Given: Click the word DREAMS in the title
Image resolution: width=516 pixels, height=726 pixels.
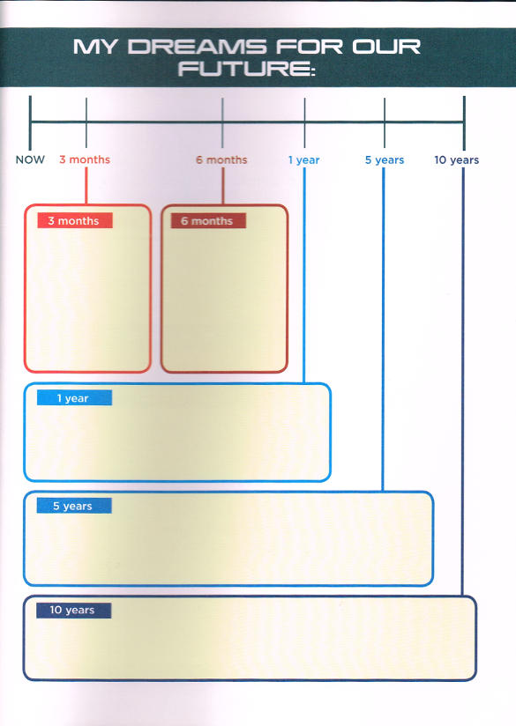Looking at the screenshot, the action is (197, 47).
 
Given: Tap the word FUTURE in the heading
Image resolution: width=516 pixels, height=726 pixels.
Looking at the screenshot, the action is (246, 69).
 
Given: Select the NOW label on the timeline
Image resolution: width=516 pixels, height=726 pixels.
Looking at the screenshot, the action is (30, 159).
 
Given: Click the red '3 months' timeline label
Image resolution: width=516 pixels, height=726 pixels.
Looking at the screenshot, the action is (85, 159).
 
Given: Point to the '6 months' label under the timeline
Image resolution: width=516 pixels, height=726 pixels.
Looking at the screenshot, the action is (221, 159).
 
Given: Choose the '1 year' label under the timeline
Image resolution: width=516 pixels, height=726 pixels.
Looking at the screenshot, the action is (304, 160).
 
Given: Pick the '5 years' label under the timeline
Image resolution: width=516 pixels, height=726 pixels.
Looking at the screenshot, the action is (385, 160).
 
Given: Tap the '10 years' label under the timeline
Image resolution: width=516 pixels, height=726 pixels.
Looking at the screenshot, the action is (457, 160).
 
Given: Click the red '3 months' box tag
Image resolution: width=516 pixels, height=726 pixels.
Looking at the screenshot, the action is (75, 220).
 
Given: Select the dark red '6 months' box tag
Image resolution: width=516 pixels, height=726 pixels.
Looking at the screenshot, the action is (208, 221).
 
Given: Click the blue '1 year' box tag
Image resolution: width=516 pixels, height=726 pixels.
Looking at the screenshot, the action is (74, 397).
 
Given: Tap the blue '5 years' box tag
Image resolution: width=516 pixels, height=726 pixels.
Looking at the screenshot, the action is (74, 506).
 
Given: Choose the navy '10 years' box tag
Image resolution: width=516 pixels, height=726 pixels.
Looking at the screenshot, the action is (74, 611).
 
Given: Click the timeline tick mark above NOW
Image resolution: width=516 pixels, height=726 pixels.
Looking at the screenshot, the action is (30, 122).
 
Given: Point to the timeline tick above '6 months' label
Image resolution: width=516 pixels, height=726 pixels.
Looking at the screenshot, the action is (222, 122).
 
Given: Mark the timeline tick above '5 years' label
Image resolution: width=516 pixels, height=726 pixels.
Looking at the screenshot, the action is (385, 122).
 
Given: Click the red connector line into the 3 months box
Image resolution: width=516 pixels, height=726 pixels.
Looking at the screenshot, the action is (86, 186).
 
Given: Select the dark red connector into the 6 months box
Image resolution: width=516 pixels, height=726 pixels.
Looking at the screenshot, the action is (223, 186).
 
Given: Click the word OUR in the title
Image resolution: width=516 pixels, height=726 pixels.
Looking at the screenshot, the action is (386, 47).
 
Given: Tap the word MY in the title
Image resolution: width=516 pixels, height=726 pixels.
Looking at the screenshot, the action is (94, 47).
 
